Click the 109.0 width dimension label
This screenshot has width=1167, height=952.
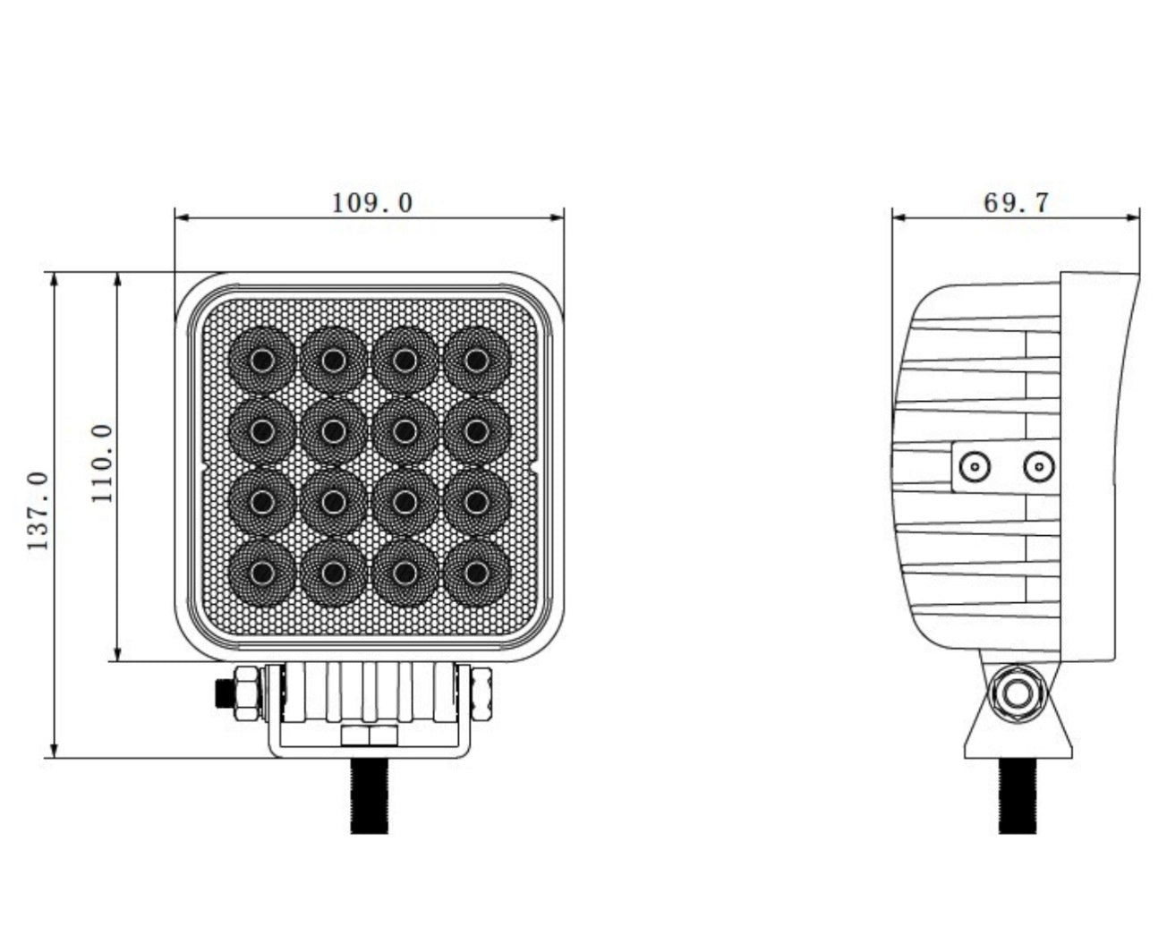click(372, 203)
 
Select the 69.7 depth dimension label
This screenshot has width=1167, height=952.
click(1016, 203)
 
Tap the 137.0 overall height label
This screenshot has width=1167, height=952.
click(39, 511)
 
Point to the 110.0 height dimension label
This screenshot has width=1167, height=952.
click(103, 463)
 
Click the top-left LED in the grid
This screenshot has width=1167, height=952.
click(261, 361)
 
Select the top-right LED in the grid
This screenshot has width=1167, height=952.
click(476, 361)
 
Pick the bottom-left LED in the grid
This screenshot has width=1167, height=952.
click(261, 573)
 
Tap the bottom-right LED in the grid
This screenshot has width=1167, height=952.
click(476, 573)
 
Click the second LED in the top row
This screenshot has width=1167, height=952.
click(333, 361)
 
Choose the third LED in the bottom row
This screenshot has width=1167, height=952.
click(405, 573)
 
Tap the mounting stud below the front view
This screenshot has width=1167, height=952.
click(370, 795)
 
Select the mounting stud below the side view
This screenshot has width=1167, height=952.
click(1018, 795)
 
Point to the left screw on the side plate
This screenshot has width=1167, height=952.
click(974, 466)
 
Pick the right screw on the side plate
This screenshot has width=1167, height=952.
click(1037, 466)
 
